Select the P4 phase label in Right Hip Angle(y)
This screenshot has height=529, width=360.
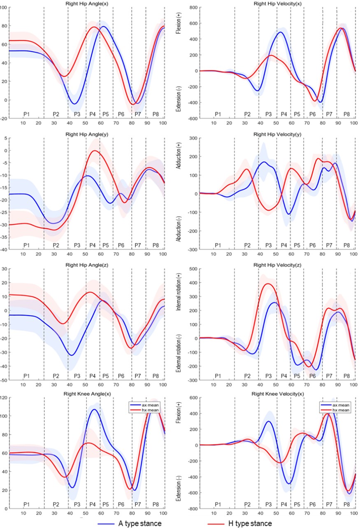tap(92, 245)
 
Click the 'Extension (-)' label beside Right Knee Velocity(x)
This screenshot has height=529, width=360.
tap(181, 484)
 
